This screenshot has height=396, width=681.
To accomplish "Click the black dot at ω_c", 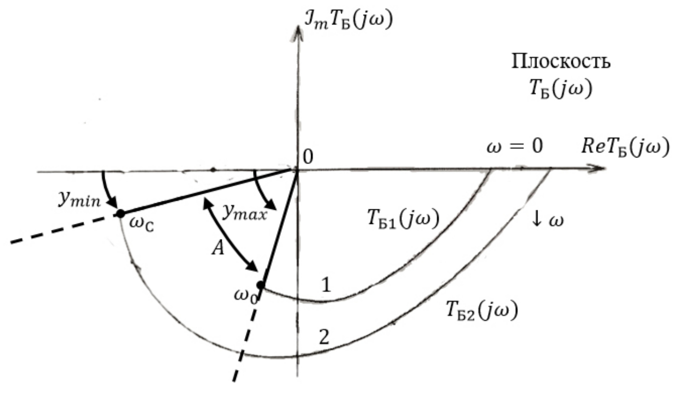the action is click(121, 214).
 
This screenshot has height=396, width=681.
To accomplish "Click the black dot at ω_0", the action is click(261, 285).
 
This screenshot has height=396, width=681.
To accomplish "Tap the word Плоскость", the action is click(561, 62).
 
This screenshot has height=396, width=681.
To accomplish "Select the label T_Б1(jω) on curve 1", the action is click(404, 219).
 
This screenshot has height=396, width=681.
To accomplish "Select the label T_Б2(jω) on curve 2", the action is click(482, 310).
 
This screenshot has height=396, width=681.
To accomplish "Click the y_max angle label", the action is click(245, 212).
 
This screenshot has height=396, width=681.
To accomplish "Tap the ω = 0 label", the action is click(515, 147).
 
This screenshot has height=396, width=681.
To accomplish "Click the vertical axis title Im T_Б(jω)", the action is click(349, 20).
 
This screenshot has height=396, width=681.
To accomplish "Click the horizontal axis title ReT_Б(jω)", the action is click(625, 147).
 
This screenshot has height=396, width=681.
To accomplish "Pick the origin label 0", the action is click(308, 157).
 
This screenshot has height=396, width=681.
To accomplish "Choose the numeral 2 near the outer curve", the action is click(324, 337).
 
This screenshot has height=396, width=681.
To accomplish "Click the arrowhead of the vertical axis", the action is click(299, 33).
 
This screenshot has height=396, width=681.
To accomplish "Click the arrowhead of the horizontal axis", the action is click(597, 169).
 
